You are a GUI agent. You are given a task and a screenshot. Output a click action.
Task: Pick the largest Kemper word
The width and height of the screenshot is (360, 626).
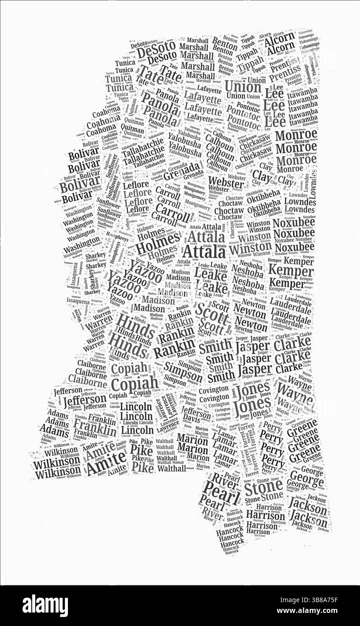[291, 271]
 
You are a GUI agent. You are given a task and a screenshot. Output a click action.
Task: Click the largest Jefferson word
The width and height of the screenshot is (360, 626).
[84, 400]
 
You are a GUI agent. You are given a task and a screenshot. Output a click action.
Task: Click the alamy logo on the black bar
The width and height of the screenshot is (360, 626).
[45, 605]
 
